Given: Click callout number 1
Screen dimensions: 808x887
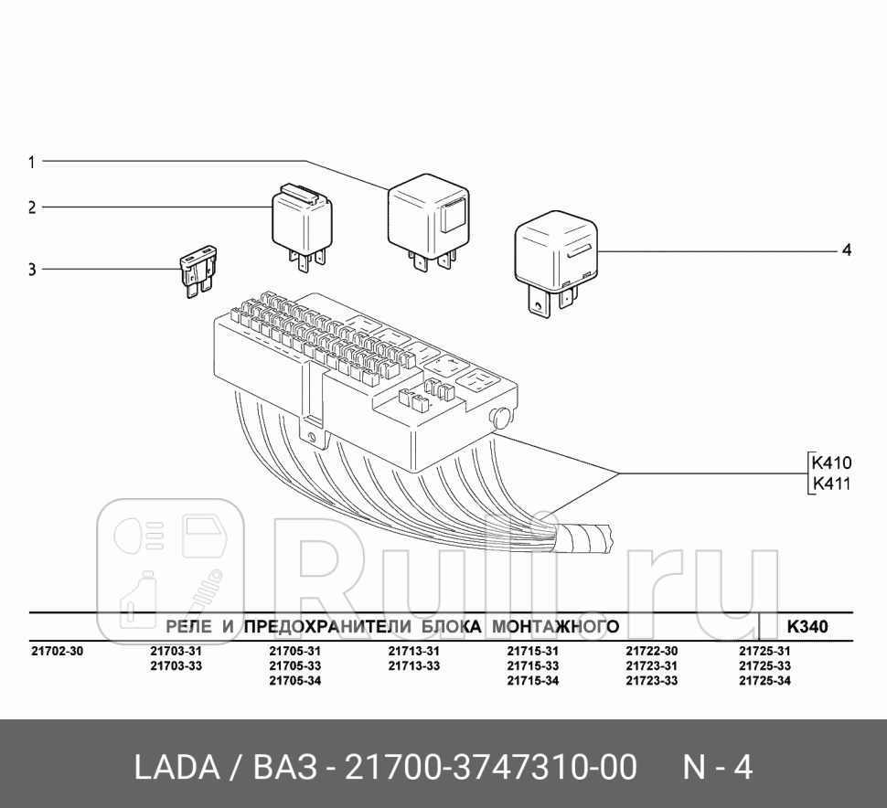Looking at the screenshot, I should pyautogui.click(x=31, y=162).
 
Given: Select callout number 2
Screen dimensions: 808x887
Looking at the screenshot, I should pyautogui.click(x=31, y=207).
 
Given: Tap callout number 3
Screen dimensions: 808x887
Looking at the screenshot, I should pyautogui.click(x=31, y=270).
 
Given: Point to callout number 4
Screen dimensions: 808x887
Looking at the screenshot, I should pyautogui.click(x=846, y=250).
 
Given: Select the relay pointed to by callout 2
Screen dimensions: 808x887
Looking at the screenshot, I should pyautogui.click(x=302, y=223).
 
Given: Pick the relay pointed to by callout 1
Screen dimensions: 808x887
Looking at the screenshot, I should pyautogui.click(x=427, y=217).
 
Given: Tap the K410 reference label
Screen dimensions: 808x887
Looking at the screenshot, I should pyautogui.click(x=831, y=464).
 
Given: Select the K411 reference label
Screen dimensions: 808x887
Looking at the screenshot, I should pyautogui.click(x=831, y=484).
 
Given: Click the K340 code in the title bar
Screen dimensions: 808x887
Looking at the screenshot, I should pyautogui.click(x=807, y=626).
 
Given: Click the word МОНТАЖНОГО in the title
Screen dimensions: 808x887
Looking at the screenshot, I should pyautogui.click(x=555, y=626).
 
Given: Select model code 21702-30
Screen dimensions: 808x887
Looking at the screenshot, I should pyautogui.click(x=57, y=652).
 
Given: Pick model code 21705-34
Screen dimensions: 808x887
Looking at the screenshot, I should pyautogui.click(x=294, y=681).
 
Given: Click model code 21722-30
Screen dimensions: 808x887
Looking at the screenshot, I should pyautogui.click(x=651, y=652).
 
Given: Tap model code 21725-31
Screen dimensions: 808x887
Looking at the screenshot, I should pyautogui.click(x=764, y=652).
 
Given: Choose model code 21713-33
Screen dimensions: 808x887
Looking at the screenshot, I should pyautogui.click(x=413, y=666).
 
